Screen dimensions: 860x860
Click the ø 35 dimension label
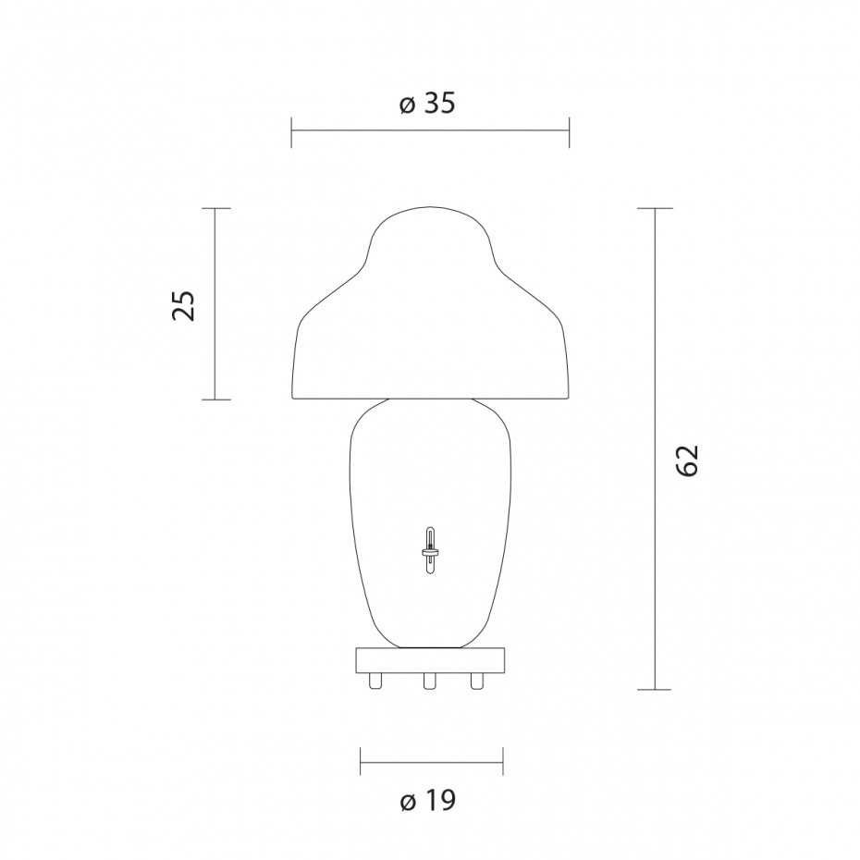(428, 104)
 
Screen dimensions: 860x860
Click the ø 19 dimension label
(428, 800)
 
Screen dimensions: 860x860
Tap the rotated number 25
(185, 305)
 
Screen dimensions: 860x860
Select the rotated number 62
(687, 460)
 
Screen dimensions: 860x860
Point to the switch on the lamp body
(430, 551)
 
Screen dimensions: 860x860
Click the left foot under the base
(375, 681)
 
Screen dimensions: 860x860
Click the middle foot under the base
(429, 681)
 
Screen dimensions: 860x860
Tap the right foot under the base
(477, 681)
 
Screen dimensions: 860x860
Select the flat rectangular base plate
(430, 660)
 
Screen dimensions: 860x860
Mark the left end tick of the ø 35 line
(291, 132)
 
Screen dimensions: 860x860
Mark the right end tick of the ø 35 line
(569, 132)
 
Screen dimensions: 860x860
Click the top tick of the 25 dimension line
(215, 209)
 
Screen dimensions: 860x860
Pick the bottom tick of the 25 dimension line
(215, 399)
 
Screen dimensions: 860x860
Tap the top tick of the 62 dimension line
(656, 209)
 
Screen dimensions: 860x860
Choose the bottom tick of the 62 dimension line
(656, 690)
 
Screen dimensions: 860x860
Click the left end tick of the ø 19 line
(360, 763)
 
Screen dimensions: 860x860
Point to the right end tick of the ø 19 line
(502, 763)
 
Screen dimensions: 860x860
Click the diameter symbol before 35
(408, 105)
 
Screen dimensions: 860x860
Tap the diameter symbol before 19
(409, 802)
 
